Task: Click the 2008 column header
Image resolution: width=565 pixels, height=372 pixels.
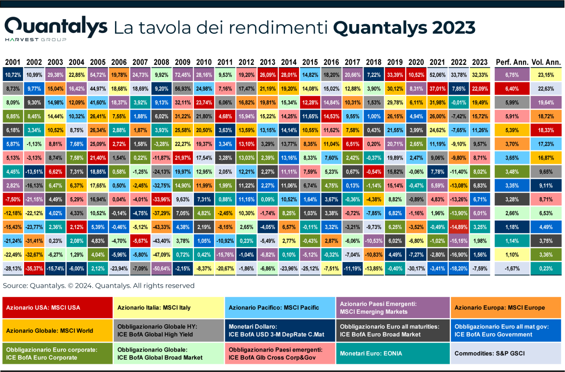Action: click(x=161, y=62)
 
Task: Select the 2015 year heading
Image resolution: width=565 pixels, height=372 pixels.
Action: click(x=310, y=62)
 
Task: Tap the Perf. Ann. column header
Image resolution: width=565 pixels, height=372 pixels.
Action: click(x=512, y=62)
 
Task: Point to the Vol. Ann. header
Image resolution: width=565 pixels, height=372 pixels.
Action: click(x=546, y=62)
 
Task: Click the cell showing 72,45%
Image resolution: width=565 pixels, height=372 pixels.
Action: click(x=183, y=75)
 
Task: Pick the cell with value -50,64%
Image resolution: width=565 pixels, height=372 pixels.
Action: click(x=161, y=268)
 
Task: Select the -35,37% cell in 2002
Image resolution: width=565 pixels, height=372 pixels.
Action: click(x=34, y=268)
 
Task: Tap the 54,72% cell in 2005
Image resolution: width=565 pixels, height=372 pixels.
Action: click(x=98, y=75)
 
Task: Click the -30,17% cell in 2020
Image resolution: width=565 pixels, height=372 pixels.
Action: click(x=416, y=268)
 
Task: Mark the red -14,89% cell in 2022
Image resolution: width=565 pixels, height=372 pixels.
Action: click(x=459, y=227)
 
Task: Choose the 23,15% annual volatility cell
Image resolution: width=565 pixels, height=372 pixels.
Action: click(x=546, y=75)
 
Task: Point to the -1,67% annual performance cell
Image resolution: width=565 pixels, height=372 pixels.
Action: click(x=512, y=268)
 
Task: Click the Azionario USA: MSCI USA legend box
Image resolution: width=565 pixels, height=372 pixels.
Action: click(x=57, y=308)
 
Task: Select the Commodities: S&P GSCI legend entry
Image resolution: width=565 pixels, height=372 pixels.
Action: click(x=506, y=353)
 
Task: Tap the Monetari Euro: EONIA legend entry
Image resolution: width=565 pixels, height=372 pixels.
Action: click(x=393, y=353)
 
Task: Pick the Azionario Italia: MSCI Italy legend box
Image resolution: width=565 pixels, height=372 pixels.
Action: click(x=168, y=308)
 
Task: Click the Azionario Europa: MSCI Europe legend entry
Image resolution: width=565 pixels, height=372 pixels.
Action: click(x=506, y=308)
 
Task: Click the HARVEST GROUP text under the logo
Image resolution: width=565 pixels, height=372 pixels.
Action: click(x=36, y=40)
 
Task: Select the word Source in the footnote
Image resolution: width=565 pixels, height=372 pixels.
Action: click(x=15, y=286)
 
